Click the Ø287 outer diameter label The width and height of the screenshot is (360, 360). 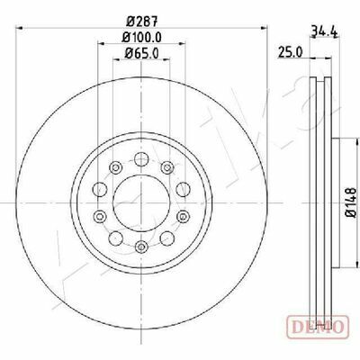(x=141, y=21)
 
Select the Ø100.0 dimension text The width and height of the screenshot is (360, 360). (x=142, y=37)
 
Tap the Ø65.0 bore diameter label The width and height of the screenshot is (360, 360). (x=141, y=53)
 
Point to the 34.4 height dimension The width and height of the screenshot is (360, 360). (x=324, y=31)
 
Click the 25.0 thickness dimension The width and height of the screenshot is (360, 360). (x=291, y=52)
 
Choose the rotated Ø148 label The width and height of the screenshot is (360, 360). (x=350, y=202)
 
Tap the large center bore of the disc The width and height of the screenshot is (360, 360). (x=141, y=202)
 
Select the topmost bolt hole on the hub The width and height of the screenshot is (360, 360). (x=141, y=159)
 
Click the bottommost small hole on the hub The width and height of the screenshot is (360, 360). (x=141, y=247)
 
